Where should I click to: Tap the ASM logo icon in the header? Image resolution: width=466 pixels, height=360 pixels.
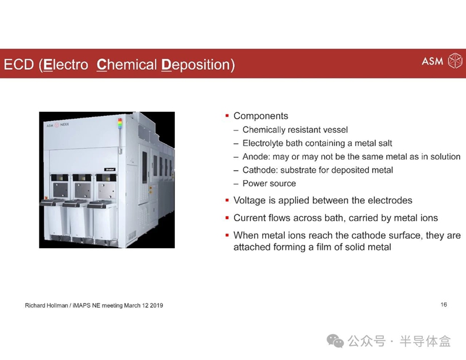tap(455, 61)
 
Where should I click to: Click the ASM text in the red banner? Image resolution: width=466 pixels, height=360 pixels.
tap(432, 61)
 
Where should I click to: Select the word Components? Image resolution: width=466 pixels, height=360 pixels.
tap(260, 116)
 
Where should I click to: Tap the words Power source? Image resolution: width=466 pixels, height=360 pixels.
tap(269, 183)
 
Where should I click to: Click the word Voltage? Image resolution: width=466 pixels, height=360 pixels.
tap(250, 200)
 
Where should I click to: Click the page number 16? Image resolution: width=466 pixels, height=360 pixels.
tap(444, 305)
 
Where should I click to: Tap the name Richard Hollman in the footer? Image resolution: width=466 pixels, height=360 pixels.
tap(47, 305)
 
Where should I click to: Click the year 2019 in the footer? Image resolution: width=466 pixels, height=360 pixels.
tap(156, 305)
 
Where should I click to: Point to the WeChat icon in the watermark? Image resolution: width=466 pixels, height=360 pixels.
tap(336, 341)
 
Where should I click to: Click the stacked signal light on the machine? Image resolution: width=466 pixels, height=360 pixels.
tap(120, 123)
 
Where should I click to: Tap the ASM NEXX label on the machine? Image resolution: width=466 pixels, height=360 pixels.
tap(58, 125)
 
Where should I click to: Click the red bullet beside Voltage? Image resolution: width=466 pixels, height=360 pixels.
tap(227, 200)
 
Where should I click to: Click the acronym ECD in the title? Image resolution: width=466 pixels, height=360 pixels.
tap(19, 65)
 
